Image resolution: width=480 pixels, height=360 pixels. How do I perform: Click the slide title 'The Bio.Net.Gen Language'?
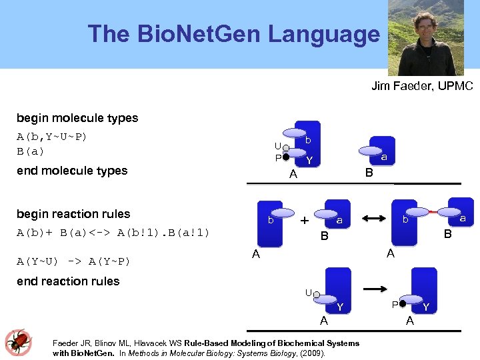[x=233, y=34]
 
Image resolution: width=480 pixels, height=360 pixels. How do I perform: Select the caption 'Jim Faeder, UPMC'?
[x=421, y=86]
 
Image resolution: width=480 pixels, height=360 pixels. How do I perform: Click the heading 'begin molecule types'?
[x=77, y=118]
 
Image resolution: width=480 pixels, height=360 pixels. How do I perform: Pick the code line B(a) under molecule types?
[x=31, y=151]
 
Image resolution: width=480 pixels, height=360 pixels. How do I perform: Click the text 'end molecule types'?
[x=72, y=171]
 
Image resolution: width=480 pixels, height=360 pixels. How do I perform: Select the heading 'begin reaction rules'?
[x=73, y=214]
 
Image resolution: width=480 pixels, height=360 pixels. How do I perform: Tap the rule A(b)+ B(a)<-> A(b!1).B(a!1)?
[x=113, y=233]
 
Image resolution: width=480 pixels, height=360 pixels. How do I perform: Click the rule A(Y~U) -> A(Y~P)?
[x=73, y=261]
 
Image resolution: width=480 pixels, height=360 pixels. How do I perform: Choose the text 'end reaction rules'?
[x=68, y=281]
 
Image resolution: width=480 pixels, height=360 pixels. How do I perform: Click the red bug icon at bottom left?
[x=18, y=341]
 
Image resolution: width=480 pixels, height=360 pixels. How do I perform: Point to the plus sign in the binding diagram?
[x=304, y=220]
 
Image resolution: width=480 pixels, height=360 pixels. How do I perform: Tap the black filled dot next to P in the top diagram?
[x=285, y=157]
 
